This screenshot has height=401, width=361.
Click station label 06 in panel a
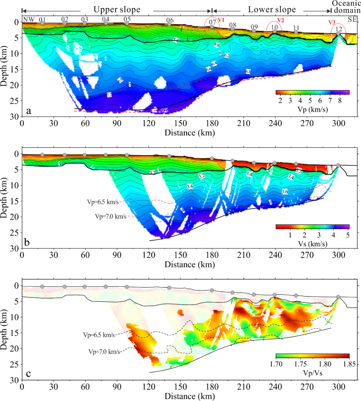170,20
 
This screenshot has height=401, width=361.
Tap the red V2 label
280,20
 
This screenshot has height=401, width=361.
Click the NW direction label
29,19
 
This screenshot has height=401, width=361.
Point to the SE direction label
352,19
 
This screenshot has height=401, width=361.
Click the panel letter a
29,111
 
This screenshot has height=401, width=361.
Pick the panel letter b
27,242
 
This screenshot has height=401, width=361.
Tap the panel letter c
28,374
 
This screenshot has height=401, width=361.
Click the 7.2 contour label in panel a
109,95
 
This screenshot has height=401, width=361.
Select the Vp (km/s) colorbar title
313,109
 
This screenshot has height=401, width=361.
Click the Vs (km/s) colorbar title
313,244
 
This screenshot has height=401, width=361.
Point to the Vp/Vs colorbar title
313,373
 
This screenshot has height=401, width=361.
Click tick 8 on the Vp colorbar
340,101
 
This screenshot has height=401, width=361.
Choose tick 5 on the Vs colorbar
348,235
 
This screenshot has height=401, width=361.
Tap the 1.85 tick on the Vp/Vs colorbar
349,364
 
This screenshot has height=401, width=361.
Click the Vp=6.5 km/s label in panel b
102,202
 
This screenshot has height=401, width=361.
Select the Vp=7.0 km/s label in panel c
104,352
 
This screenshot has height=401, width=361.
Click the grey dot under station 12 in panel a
338,33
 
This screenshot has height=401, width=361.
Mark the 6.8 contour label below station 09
248,71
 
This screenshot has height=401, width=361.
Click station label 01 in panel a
42,19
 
